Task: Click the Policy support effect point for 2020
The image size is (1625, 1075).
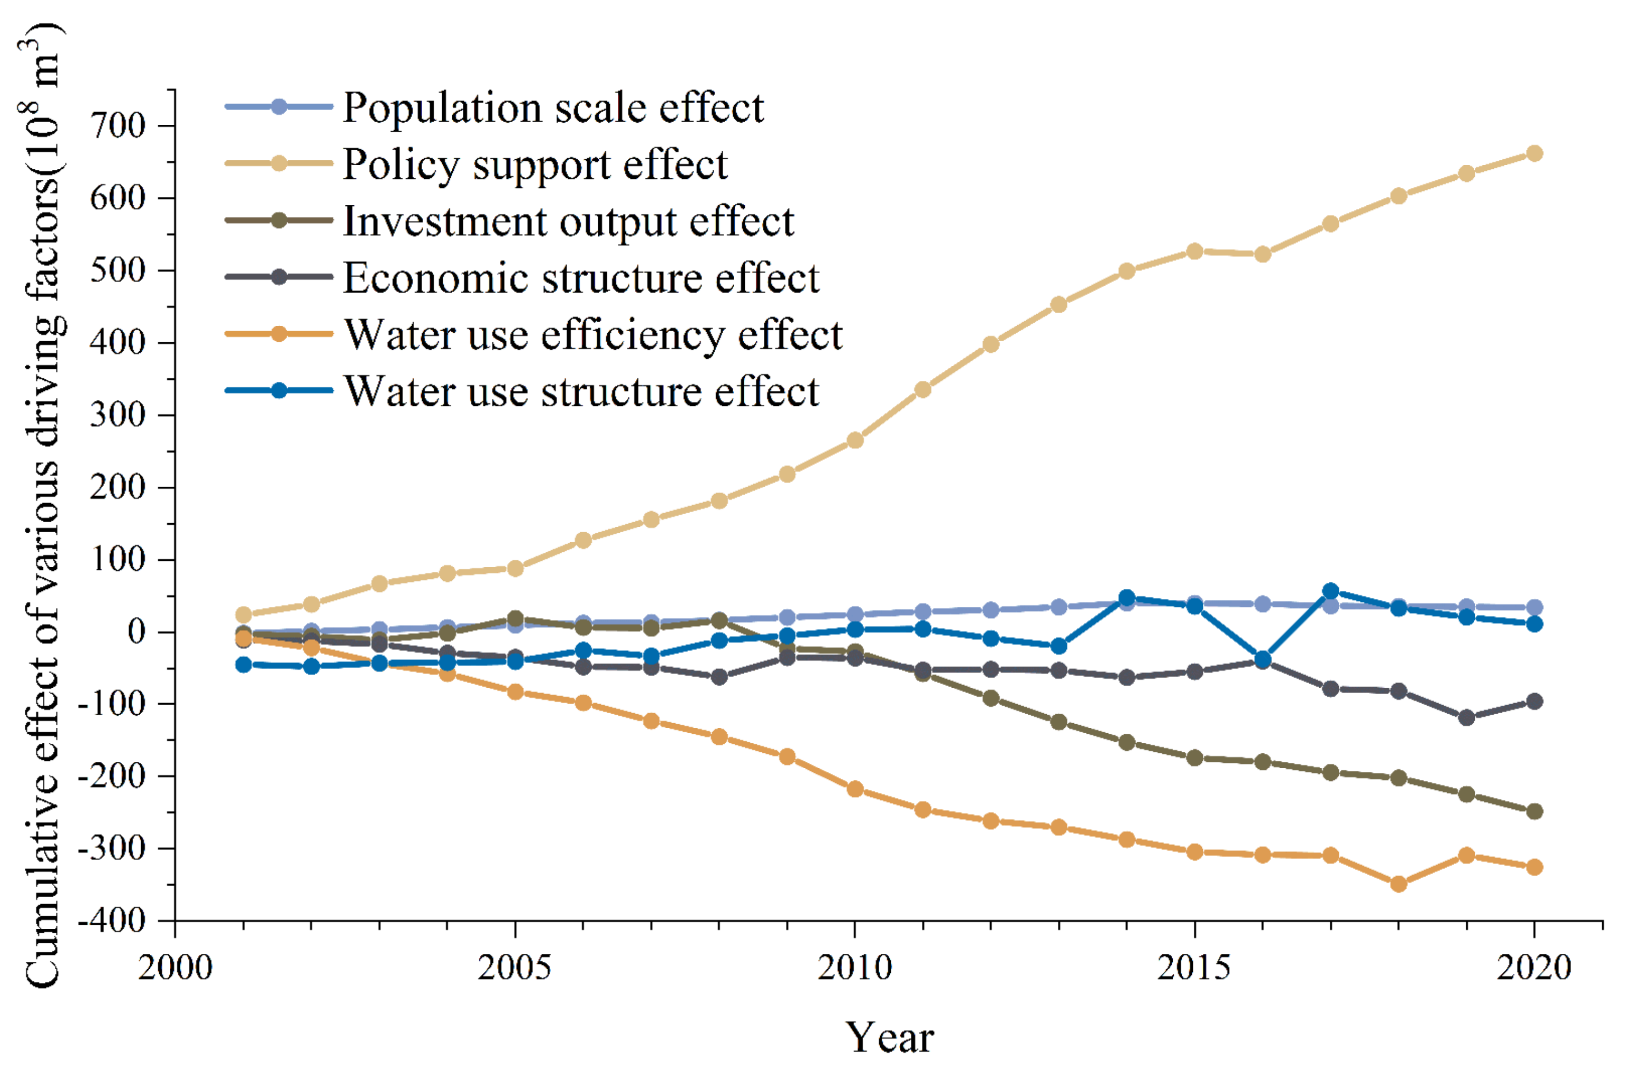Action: click(1535, 153)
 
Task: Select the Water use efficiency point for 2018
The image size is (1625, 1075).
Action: click(1399, 885)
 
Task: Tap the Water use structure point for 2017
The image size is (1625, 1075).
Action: click(1330, 591)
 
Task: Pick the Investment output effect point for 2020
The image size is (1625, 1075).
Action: click(1535, 811)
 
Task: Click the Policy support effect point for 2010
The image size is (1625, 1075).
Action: click(855, 440)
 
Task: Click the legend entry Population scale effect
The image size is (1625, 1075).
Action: click(552, 107)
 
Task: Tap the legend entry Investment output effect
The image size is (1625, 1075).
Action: click(568, 222)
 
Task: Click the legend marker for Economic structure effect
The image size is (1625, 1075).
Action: click(279, 277)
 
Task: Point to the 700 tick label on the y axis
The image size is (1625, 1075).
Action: click(118, 126)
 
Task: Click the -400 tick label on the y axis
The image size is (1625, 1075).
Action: click(111, 920)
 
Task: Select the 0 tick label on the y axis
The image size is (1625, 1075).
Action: click(137, 632)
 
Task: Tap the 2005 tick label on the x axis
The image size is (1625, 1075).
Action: click(514, 968)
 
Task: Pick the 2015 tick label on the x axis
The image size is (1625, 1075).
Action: click(1194, 968)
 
